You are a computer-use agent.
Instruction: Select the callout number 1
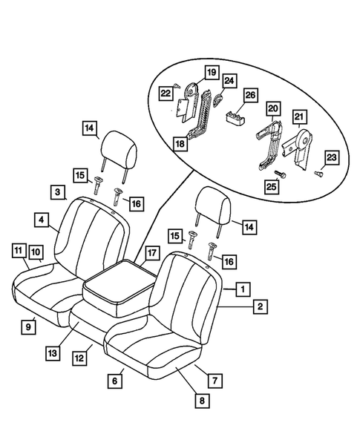(x=240, y=287)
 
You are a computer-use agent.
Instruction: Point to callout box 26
(x=249, y=94)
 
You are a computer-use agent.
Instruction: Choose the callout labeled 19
(x=211, y=73)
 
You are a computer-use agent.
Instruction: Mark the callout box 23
(x=332, y=157)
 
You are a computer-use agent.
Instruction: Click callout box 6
(x=114, y=381)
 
